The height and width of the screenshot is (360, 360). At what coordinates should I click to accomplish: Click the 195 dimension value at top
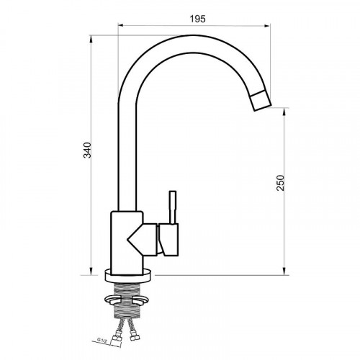click(x=198, y=19)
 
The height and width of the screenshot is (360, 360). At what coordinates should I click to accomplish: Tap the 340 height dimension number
click(x=87, y=150)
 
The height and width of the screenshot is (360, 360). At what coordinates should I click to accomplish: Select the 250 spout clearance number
click(x=280, y=183)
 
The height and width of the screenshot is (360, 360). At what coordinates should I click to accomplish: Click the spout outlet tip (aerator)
click(x=261, y=101)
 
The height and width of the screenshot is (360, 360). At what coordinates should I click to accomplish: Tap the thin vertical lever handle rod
click(x=173, y=207)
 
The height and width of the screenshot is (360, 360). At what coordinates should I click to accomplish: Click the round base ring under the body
click(x=129, y=276)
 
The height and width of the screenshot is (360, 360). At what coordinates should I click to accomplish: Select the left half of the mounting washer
click(x=112, y=300)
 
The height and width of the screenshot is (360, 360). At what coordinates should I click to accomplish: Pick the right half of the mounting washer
click(x=140, y=300)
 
